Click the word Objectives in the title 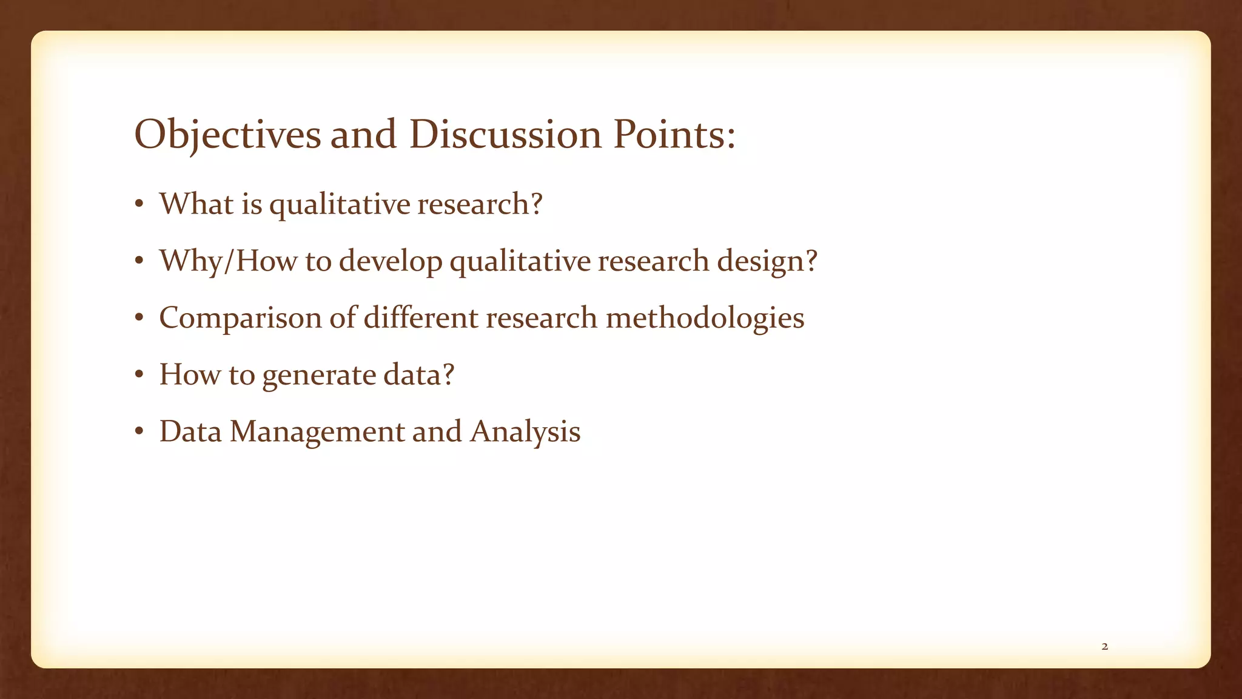pyautogui.click(x=227, y=135)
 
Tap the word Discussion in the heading pyautogui.click(x=505, y=135)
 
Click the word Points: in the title pyautogui.click(x=674, y=135)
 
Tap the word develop pyautogui.click(x=391, y=262)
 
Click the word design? pyautogui.click(x=767, y=262)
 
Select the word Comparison pyautogui.click(x=240, y=319)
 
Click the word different pyautogui.click(x=420, y=317)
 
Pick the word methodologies pyautogui.click(x=705, y=319)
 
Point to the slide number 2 pyautogui.click(x=1104, y=647)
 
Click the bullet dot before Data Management pyautogui.click(x=139, y=431)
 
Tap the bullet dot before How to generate pyautogui.click(x=139, y=374)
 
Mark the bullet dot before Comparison pyautogui.click(x=139, y=317)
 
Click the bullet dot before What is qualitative pyautogui.click(x=139, y=204)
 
